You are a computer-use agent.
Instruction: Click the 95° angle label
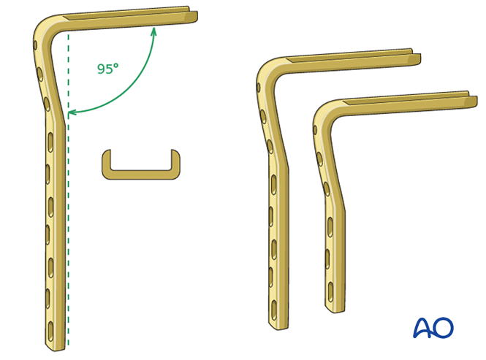coord(107,69)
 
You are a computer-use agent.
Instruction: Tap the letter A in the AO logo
coord(425,328)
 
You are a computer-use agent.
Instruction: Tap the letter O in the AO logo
coord(443,328)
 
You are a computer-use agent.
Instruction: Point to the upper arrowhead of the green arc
coord(153,30)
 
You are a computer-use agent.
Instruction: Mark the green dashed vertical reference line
coord(68,219)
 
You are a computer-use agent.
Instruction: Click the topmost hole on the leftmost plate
coord(35,45)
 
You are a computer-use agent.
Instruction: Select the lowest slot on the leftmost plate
coord(50,328)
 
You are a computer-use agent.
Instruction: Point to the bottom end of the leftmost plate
coord(56,346)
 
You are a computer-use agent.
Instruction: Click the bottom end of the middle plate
coord(278,325)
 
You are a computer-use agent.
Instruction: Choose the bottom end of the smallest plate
coord(335,309)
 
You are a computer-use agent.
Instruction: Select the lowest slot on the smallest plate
coord(330,292)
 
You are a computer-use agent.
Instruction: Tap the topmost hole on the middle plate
coord(259,88)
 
